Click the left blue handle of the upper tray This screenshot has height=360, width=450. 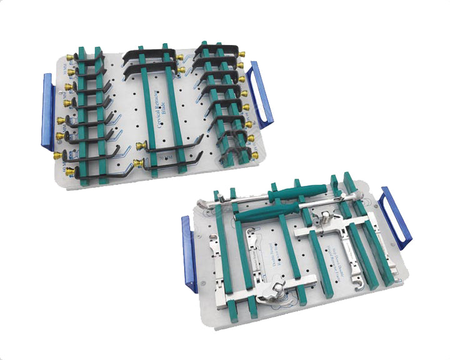(x=47, y=112)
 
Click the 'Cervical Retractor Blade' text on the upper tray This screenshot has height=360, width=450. (x=156, y=110)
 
